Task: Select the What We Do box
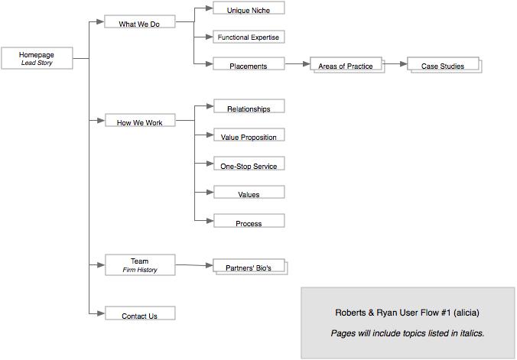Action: click(139, 23)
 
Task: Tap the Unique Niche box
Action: click(249, 9)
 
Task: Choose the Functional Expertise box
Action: click(249, 37)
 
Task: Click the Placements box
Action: click(249, 66)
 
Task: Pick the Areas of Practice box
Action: click(345, 66)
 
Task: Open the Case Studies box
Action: click(443, 66)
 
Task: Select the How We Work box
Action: click(139, 122)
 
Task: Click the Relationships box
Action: click(249, 108)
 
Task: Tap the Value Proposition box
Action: click(249, 136)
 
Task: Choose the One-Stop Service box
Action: click(249, 165)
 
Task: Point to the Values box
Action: click(249, 193)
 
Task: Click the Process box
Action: click(249, 222)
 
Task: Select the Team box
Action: click(139, 264)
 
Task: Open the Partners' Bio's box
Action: click(248, 268)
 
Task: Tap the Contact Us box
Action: click(139, 315)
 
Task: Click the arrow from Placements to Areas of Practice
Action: click(296, 64)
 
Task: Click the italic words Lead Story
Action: click(37, 63)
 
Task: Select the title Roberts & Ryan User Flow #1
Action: click(407, 313)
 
